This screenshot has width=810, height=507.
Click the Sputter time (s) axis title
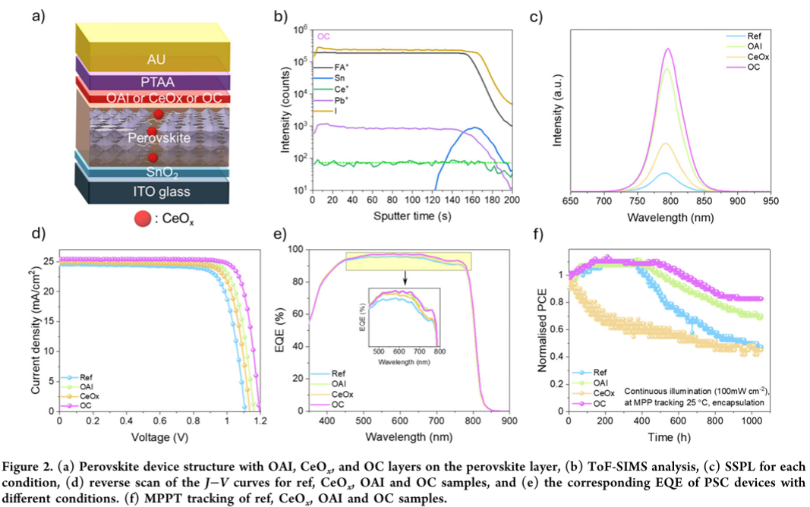click(414, 217)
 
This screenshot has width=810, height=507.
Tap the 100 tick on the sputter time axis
click(411, 200)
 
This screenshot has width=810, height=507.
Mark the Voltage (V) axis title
click(158, 439)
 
